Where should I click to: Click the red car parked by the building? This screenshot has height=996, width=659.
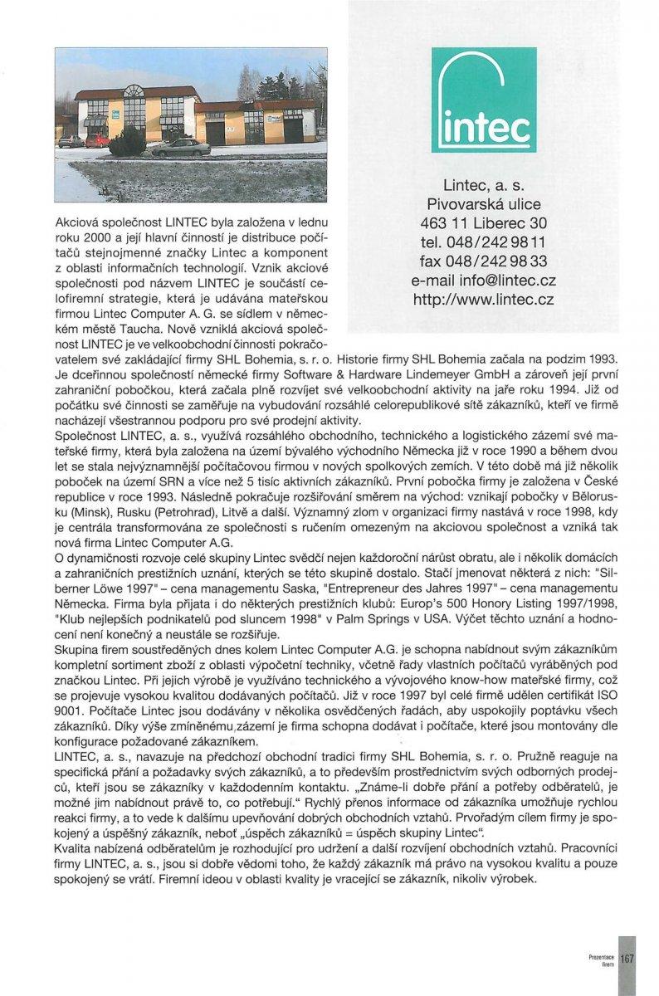click(x=97, y=140)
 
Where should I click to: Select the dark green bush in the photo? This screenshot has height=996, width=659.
click(x=127, y=143)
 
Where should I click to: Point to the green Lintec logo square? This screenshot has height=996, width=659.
click(x=484, y=100)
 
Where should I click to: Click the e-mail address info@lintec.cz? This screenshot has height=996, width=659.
click(x=484, y=281)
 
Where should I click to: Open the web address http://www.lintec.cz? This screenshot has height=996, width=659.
click(x=484, y=300)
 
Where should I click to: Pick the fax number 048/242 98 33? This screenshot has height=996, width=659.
click(x=484, y=262)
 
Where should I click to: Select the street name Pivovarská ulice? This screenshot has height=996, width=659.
click(x=484, y=204)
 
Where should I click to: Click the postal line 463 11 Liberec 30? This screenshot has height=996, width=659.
click(x=484, y=223)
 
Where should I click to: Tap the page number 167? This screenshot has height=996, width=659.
click(x=627, y=958)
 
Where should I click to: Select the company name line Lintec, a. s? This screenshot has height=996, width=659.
click(x=484, y=185)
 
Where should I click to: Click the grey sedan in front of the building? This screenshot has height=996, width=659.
click(x=182, y=147)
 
